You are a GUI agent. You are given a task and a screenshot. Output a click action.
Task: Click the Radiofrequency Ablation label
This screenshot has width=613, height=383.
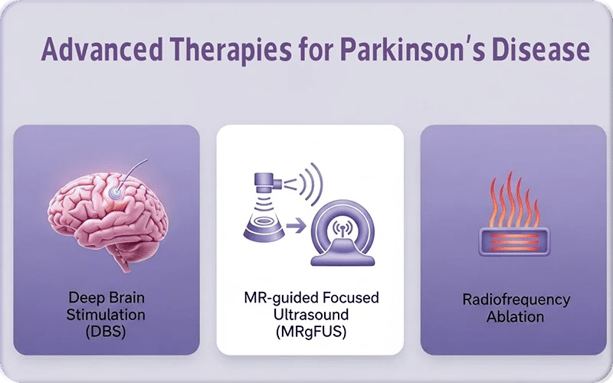(x=516, y=306)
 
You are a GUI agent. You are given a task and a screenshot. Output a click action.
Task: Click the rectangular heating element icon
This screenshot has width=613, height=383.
(x=516, y=242)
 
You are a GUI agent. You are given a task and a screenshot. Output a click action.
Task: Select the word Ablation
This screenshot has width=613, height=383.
(x=516, y=316)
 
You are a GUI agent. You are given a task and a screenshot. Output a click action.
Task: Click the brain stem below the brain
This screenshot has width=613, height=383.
(x=123, y=257)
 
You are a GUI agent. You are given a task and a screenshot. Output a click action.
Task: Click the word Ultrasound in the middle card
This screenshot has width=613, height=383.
(x=310, y=313)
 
